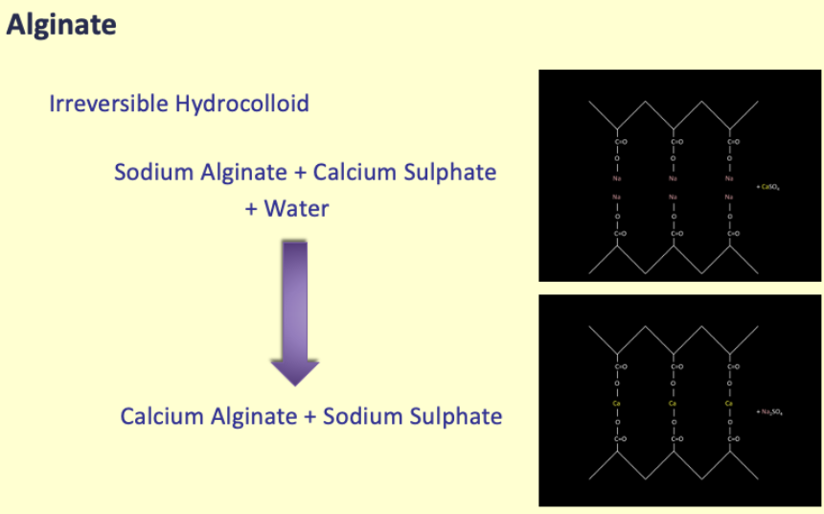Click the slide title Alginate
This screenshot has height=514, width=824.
click(x=61, y=25)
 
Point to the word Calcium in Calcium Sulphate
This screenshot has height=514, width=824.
click(x=362, y=173)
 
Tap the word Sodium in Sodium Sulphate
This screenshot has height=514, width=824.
click(x=361, y=416)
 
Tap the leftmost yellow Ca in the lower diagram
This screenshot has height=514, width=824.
click(x=618, y=404)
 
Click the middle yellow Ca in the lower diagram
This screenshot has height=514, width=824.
click(x=674, y=404)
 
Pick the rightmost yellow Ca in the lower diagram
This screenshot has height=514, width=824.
click(x=729, y=404)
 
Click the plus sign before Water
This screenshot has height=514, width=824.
click(x=252, y=208)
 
